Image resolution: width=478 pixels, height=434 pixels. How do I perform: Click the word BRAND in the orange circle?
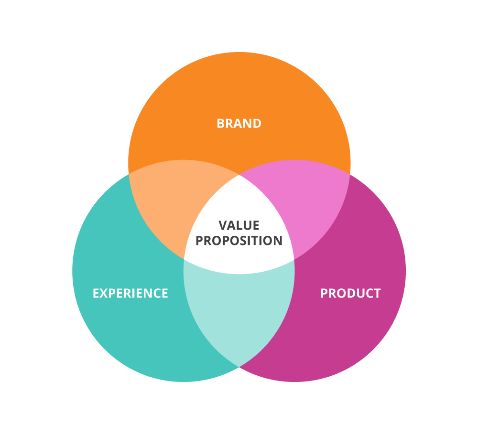click(x=239, y=124)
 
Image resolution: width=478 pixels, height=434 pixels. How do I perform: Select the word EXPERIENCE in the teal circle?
click(x=130, y=293)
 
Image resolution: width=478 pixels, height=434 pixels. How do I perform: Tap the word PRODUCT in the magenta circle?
click(x=350, y=293)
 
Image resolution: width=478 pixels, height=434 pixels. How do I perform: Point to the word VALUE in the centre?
click(x=239, y=225)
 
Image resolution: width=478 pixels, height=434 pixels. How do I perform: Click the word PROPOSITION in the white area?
click(x=239, y=241)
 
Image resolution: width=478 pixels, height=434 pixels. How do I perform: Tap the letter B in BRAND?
click(x=220, y=124)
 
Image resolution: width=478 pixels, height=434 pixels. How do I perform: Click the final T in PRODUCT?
click(x=378, y=293)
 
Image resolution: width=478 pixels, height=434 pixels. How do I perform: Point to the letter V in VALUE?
click(x=223, y=225)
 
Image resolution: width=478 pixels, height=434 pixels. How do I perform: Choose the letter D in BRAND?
click(x=257, y=124)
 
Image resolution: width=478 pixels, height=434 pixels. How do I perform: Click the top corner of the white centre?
click(x=239, y=175)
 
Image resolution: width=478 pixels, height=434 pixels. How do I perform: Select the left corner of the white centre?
click(x=184, y=259)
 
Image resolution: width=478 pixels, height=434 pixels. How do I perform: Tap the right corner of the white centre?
click(x=294, y=259)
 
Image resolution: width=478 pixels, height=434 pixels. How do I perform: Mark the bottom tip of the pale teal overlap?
click(x=239, y=367)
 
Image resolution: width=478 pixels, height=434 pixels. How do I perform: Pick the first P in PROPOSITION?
click(x=200, y=241)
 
